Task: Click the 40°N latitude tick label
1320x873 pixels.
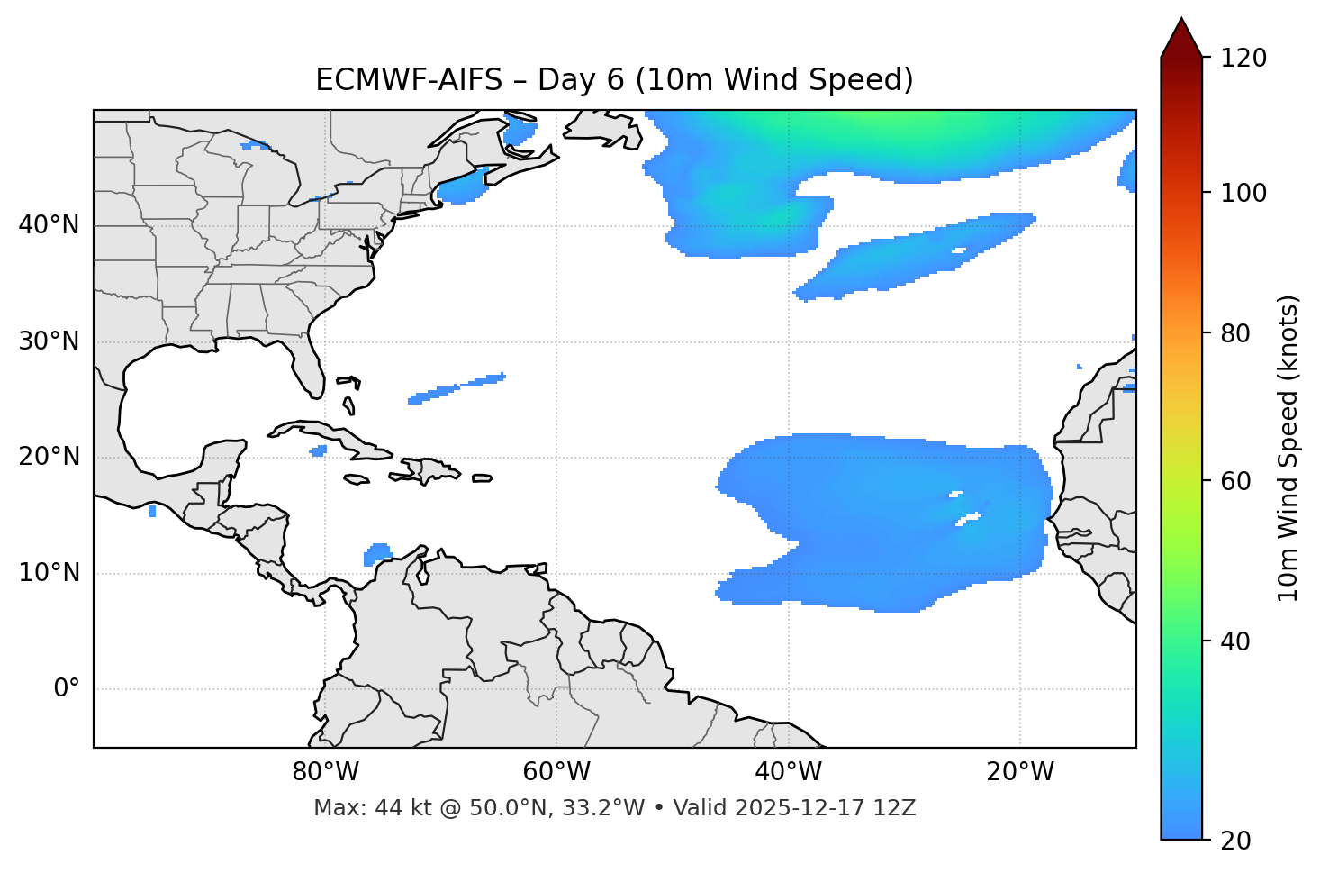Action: click(49, 225)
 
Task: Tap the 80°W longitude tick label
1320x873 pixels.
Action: click(325, 772)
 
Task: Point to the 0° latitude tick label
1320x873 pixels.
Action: click(67, 689)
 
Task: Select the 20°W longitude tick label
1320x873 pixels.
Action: click(1020, 772)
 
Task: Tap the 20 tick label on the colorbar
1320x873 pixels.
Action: click(1236, 841)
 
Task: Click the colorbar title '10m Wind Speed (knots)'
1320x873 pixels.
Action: click(1288, 449)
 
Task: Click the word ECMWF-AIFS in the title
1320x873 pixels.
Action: click(408, 80)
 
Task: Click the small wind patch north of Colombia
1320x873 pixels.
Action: click(377, 553)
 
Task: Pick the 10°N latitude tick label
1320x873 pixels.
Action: click(49, 573)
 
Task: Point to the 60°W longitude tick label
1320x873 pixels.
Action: click(556, 772)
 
